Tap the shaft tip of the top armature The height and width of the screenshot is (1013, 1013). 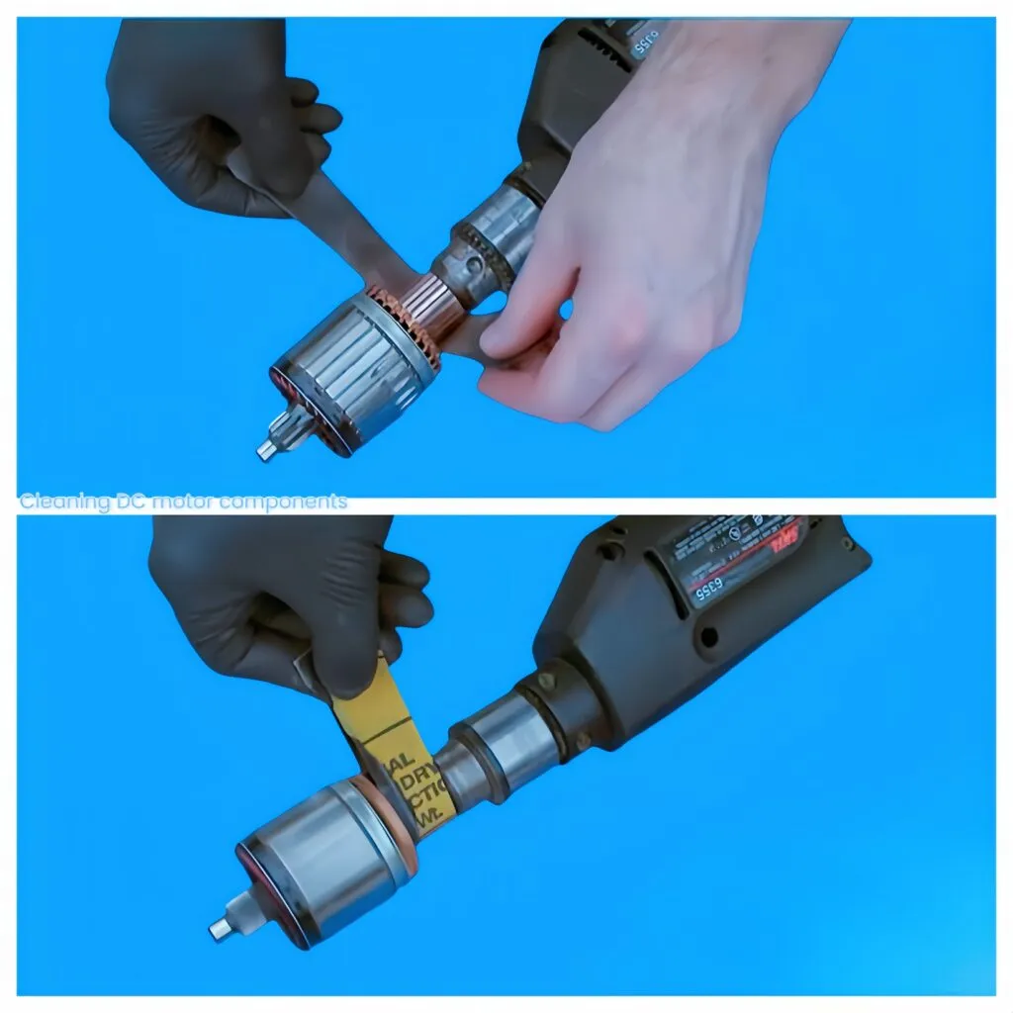tap(265, 451)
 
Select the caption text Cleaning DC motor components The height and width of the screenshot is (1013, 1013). tap(184, 502)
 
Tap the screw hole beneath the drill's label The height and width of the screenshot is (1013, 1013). tap(707, 633)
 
